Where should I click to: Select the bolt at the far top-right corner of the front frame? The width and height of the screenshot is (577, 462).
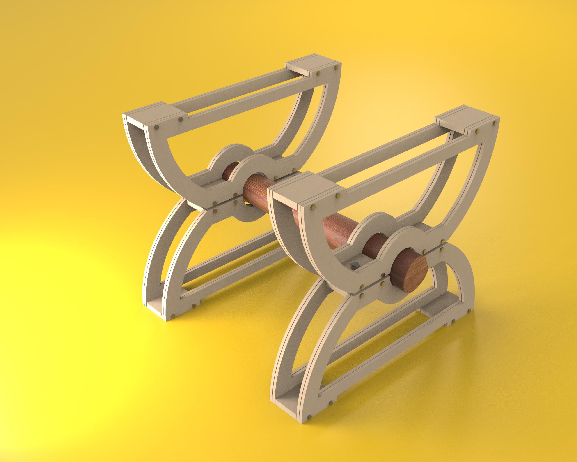coord(495,123)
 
